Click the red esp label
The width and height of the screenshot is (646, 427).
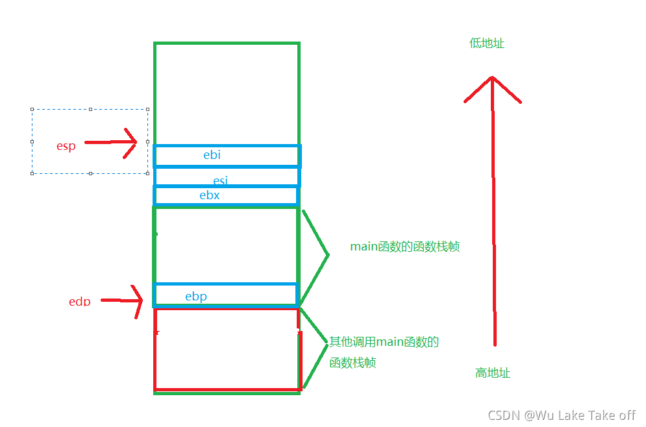point(66,146)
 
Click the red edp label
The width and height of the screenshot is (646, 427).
point(79,301)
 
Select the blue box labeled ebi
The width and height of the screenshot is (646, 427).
point(227,156)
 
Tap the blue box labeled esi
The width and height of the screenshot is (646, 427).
point(227,177)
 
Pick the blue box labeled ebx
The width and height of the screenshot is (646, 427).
point(225,195)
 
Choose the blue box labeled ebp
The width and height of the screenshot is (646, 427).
point(225,295)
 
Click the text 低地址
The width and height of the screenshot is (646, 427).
point(487,43)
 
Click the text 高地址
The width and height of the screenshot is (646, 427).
point(493,373)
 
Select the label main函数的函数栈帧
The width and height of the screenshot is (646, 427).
point(404,247)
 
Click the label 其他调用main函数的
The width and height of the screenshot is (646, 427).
point(384,342)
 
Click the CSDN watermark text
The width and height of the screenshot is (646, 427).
point(562,415)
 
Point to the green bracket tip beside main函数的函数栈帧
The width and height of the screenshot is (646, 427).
point(328,255)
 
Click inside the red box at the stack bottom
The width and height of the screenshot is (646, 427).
point(227,350)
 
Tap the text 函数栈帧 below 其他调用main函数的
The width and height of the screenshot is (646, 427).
point(353,363)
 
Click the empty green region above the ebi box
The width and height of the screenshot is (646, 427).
point(227,94)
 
